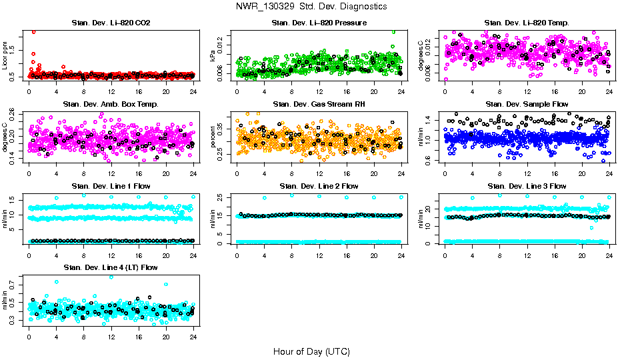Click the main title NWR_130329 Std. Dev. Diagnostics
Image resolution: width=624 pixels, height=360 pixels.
click(311, 7)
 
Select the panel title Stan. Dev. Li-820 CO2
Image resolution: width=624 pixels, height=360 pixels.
click(111, 23)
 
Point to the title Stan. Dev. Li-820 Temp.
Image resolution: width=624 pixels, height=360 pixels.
click(527, 23)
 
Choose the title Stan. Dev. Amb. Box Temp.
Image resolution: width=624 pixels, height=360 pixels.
click(111, 105)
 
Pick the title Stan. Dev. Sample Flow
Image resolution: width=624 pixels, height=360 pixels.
click(527, 105)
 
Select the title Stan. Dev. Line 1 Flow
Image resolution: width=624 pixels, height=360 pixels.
click(111, 186)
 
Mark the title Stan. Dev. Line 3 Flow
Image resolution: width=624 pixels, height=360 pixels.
click(527, 186)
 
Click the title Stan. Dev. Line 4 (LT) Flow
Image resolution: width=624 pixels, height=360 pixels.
click(111, 267)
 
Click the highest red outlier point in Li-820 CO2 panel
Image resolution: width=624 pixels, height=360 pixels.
click(34, 31)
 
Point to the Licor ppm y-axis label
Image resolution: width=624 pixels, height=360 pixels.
click(5, 56)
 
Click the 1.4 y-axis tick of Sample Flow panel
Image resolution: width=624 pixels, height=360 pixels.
click(428, 120)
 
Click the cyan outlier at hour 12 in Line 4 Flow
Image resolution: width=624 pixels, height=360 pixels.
click(111, 277)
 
